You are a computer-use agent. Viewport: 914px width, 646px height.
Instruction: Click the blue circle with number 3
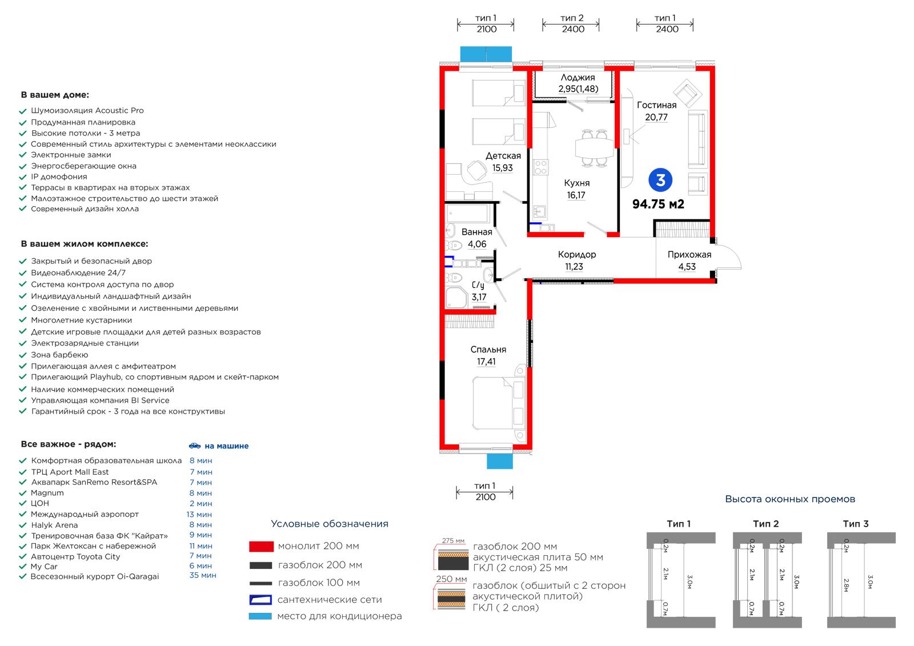[x=660, y=180]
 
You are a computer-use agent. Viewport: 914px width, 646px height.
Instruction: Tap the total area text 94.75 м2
[x=658, y=204]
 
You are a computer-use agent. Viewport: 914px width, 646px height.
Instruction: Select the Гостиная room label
[x=656, y=105]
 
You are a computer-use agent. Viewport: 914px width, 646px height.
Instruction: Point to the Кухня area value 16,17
[x=576, y=195]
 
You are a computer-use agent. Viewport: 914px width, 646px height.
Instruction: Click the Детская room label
[x=503, y=155]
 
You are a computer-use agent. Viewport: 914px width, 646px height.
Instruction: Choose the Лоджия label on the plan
[x=578, y=77]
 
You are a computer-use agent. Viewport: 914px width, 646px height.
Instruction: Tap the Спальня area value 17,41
[x=486, y=362]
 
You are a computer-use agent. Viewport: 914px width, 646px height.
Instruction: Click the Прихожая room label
[x=689, y=255]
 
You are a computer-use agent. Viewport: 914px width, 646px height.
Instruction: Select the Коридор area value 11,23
[x=574, y=267]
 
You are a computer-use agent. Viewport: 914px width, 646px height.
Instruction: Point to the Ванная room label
[x=476, y=232]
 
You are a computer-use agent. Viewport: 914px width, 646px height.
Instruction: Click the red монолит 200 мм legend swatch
[x=261, y=547]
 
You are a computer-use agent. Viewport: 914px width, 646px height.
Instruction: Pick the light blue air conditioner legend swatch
[x=260, y=616]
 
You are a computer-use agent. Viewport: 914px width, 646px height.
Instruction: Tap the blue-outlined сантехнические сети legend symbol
[x=260, y=600]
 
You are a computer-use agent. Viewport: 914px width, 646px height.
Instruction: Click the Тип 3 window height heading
[x=856, y=524]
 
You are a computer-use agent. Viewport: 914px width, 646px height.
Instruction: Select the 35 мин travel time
[x=203, y=575]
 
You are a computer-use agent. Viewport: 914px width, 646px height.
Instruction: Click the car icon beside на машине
[x=195, y=446]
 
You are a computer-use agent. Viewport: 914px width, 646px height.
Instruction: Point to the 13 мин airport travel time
[x=199, y=515]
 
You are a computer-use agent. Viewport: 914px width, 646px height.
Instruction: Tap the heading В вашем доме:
[x=55, y=95]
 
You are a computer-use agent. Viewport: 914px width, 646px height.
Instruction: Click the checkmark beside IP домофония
[x=23, y=177]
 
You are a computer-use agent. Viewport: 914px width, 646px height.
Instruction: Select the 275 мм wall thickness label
[x=454, y=541]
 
